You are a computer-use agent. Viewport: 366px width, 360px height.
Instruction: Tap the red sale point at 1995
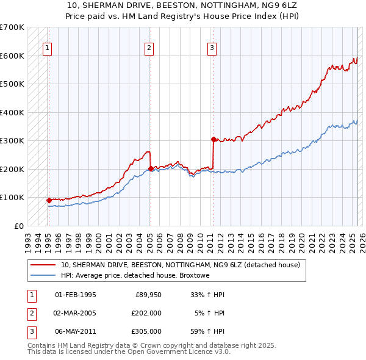(x=48, y=200)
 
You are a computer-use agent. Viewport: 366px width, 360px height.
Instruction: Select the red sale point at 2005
(x=151, y=168)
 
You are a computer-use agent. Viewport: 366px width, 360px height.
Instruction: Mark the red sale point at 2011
(x=213, y=139)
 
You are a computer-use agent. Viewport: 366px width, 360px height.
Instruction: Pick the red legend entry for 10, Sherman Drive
(x=180, y=265)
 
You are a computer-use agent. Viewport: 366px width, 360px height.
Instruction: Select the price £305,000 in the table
(x=146, y=331)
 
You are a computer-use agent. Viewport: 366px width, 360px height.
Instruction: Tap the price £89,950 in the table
(x=148, y=295)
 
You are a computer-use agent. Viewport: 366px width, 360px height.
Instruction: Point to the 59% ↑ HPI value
(x=208, y=331)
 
